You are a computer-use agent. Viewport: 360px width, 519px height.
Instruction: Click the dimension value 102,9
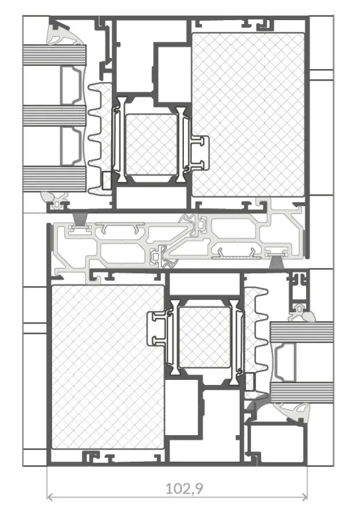click(184, 488)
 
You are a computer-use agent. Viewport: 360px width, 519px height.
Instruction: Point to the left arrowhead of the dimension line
click(50, 496)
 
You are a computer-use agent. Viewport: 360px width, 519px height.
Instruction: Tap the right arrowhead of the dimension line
click(305, 496)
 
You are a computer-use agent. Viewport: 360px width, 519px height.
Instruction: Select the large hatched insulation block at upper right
click(248, 114)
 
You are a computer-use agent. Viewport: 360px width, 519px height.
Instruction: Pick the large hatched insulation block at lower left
click(108, 367)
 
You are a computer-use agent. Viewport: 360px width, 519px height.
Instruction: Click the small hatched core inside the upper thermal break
click(151, 144)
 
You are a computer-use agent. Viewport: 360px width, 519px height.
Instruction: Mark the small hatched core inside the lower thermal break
click(204, 338)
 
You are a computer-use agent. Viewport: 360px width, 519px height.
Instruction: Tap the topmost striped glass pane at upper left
click(55, 55)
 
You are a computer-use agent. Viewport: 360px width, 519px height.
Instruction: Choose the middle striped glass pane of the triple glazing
click(55, 116)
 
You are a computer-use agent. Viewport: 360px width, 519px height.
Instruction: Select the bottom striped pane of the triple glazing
click(55, 179)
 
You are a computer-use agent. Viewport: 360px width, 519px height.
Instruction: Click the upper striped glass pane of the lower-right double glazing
click(302, 332)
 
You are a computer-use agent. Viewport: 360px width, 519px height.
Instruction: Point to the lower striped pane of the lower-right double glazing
click(302, 393)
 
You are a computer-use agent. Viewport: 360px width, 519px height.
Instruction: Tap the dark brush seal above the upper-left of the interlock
click(79, 220)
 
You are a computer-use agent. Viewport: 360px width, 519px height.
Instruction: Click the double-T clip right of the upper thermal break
click(200, 153)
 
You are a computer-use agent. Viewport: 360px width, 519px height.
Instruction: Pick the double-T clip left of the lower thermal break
click(157, 328)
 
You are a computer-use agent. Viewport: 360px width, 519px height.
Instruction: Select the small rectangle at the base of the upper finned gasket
click(107, 181)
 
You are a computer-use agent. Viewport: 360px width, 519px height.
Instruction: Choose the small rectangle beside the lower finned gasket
click(250, 382)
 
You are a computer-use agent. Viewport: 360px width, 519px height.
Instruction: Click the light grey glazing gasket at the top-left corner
click(63, 34)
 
